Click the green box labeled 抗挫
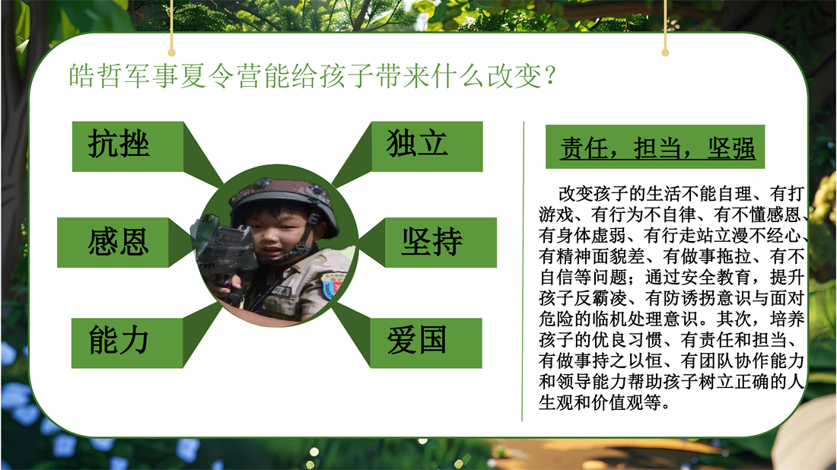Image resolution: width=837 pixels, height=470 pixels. coord(128,146)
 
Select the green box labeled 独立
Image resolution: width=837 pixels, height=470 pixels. coord(427,146)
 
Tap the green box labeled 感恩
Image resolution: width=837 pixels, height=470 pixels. coord(113,242)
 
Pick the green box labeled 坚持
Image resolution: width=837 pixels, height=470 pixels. coord(441,242)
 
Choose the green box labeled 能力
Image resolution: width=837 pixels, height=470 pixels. coord(127,343)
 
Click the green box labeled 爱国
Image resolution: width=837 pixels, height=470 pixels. coord(426,343)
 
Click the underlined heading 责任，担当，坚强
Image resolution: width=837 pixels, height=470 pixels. coord(657,148)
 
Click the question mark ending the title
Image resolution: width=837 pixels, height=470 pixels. coord(551,75)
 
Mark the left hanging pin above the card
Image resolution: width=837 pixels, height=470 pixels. coord(171,52)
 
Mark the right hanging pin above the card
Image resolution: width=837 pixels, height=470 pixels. coord(665,52)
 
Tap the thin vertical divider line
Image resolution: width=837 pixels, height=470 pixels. coord(523,271)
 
